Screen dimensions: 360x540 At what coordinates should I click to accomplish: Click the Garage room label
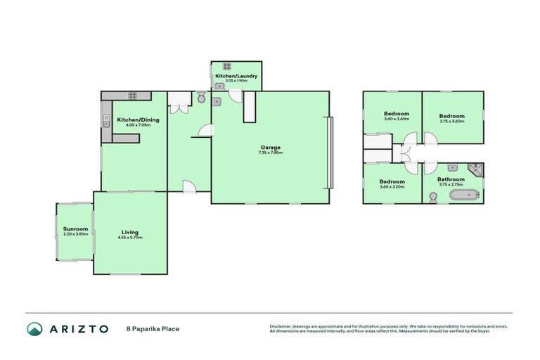tap(271, 147)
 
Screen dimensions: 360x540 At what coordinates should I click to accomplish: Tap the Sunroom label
tap(75, 229)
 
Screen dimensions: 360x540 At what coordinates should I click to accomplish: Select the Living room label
tap(129, 232)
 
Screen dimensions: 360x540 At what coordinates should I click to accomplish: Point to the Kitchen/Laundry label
tap(236, 75)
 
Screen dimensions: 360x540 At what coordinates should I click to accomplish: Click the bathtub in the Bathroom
tap(464, 195)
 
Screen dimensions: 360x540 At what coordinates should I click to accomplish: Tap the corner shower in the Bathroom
tap(475, 168)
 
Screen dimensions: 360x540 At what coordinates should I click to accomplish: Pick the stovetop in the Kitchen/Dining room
tap(131, 96)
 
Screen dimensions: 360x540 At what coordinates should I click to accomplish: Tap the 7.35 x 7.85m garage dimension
tap(271, 153)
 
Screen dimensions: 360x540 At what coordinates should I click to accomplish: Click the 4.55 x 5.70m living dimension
tap(130, 238)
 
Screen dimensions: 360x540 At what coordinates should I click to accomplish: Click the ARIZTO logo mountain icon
tap(34, 328)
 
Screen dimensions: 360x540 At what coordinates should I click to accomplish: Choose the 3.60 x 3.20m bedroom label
tap(393, 186)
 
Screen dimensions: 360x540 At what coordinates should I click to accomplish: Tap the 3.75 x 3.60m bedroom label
tap(452, 121)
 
